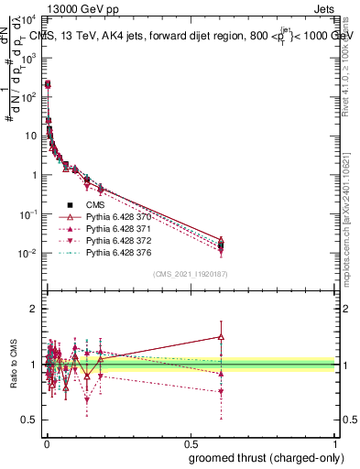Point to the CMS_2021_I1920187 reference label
tap(191, 273)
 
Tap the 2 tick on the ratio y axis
tap(35, 309)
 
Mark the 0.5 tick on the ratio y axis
tap(31, 420)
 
